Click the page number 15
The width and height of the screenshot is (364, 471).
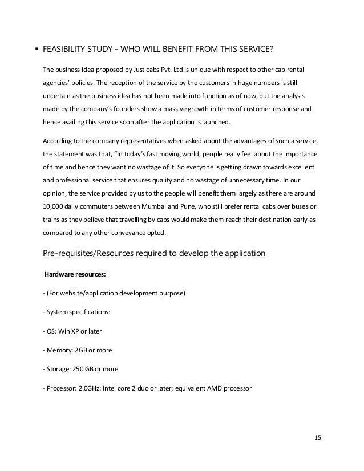[x=318, y=437]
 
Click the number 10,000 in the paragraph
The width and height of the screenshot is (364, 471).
[x=56, y=206]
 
